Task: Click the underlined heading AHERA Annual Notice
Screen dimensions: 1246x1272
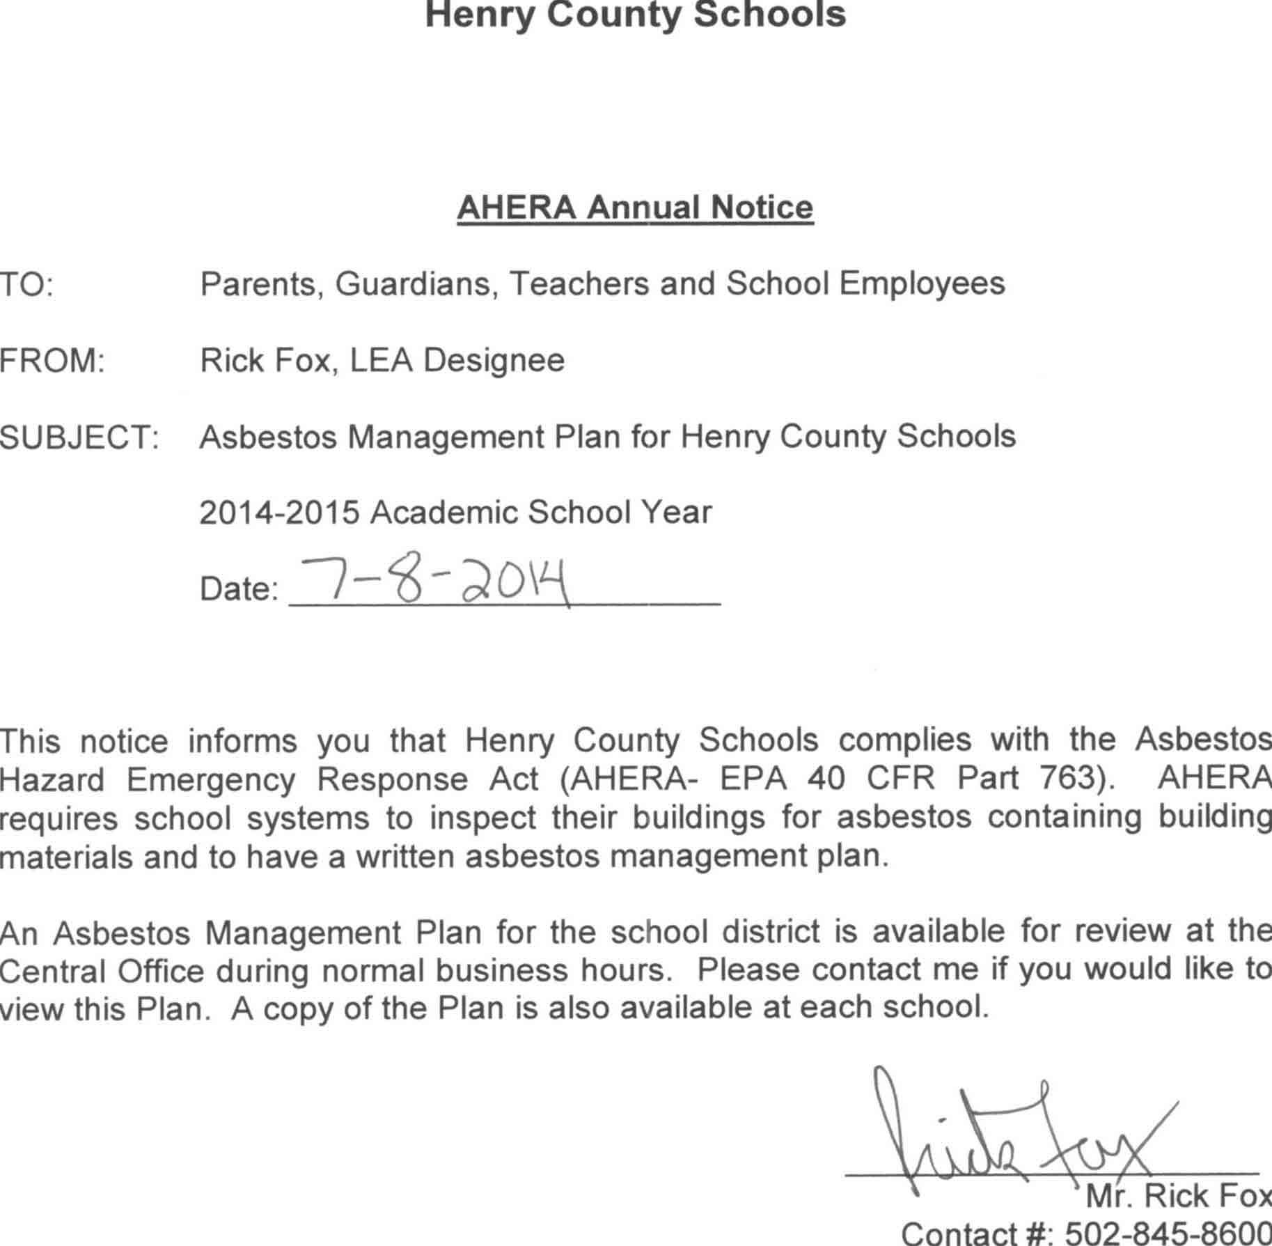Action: pyautogui.click(x=635, y=208)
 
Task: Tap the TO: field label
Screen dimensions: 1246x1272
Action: pyautogui.click(x=26, y=285)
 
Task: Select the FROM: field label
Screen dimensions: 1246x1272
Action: pyautogui.click(x=52, y=361)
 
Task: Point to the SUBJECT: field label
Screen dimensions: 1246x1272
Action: pyautogui.click(x=79, y=437)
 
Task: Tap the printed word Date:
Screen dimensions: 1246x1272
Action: pyautogui.click(x=239, y=589)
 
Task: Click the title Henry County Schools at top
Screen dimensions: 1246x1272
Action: pyautogui.click(x=635, y=15)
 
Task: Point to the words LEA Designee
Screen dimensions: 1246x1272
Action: pyautogui.click(x=457, y=361)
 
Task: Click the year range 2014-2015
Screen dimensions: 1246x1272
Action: pyautogui.click(x=279, y=513)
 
